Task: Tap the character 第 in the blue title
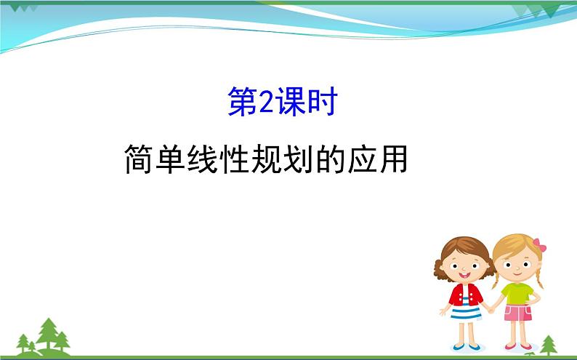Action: [243, 103]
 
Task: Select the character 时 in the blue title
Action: [323, 103]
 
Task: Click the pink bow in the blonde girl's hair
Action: [538, 245]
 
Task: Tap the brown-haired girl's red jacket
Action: [465, 295]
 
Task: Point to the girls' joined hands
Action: [491, 308]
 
